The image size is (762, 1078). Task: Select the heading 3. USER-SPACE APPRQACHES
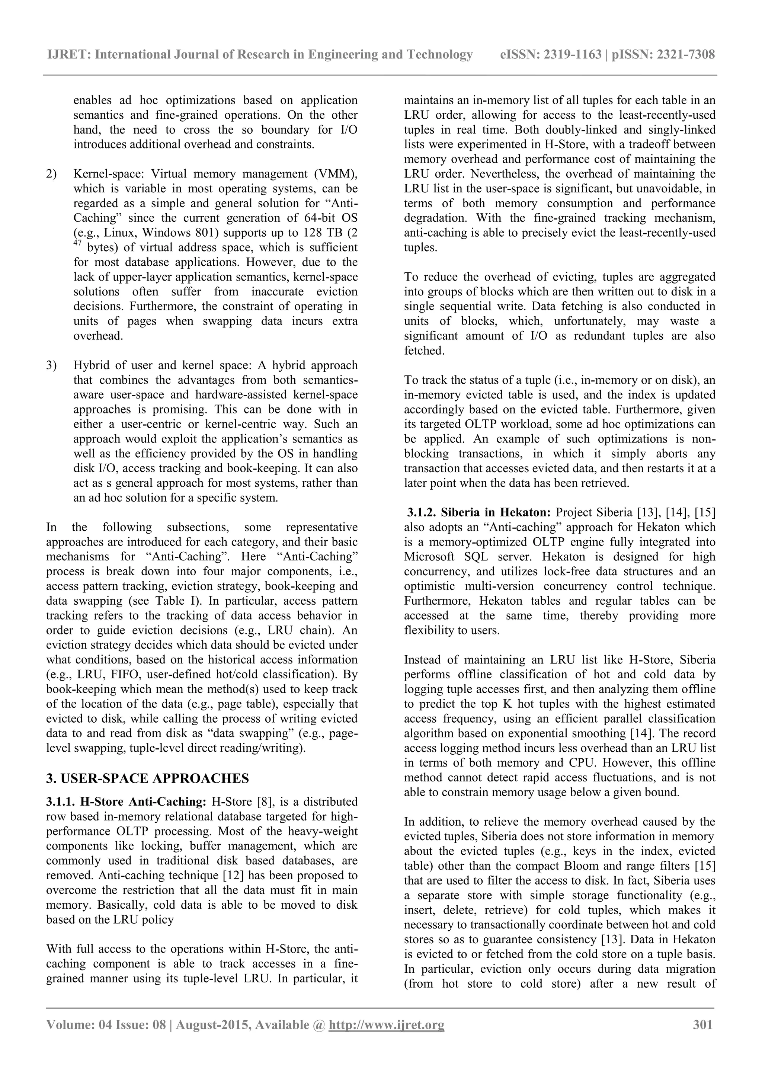click(147, 778)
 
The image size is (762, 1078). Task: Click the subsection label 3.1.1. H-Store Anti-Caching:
click(126, 802)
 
